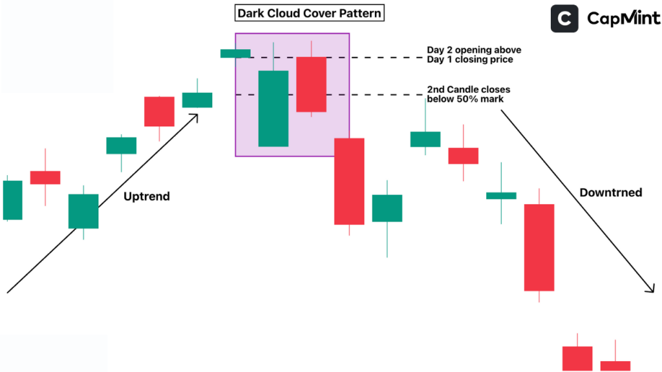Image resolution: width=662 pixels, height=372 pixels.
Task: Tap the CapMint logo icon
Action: pos(564,19)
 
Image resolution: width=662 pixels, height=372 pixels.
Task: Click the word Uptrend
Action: pos(147,196)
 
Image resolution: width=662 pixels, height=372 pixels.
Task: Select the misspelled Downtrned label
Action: pos(610,192)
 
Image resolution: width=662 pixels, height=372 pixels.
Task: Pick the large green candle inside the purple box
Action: pos(273,108)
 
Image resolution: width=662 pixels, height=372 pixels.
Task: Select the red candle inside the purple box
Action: pos(312,85)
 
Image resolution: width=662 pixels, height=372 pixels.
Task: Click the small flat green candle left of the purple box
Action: pos(235,54)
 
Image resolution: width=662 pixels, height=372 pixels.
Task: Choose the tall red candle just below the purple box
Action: pos(349,181)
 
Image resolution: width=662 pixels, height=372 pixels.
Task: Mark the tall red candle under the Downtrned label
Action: pos(539,247)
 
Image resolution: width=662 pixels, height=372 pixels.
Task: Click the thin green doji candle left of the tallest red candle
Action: pos(501,195)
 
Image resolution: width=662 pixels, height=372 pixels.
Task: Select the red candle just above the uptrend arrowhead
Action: pos(159,111)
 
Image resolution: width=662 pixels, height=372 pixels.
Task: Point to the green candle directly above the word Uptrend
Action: pos(121,145)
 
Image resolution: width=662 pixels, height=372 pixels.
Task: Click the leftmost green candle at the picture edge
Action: pos(12,200)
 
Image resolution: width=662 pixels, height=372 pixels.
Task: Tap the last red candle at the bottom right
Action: pos(615,366)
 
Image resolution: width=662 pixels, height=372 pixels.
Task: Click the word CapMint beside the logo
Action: pos(623,19)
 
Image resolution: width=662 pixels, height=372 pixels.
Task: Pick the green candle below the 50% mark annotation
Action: pos(425,139)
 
